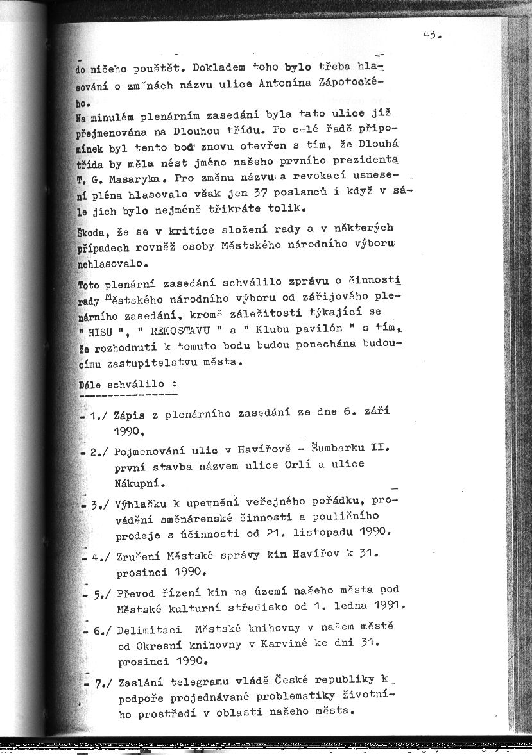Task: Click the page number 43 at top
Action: [x=429, y=36]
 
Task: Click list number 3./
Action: [x=101, y=503]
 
